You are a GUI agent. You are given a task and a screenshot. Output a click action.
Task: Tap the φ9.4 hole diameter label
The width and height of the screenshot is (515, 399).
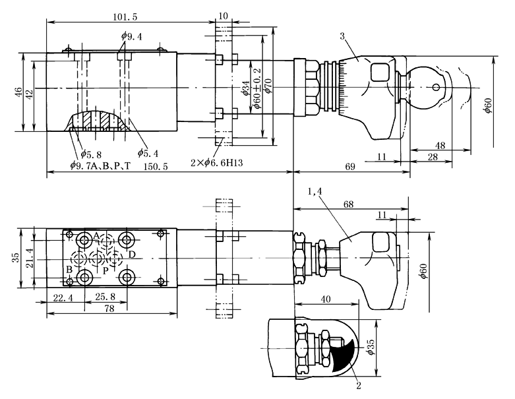click(131, 36)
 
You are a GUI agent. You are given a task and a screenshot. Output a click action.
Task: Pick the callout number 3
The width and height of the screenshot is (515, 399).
click(343, 37)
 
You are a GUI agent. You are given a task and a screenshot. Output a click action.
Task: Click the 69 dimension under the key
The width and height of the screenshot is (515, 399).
click(351, 168)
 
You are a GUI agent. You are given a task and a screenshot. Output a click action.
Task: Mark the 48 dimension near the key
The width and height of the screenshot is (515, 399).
click(440, 144)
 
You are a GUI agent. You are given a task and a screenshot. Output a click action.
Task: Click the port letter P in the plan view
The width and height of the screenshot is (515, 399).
click(104, 271)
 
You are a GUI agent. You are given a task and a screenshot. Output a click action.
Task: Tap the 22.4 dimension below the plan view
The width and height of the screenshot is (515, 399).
click(63, 298)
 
